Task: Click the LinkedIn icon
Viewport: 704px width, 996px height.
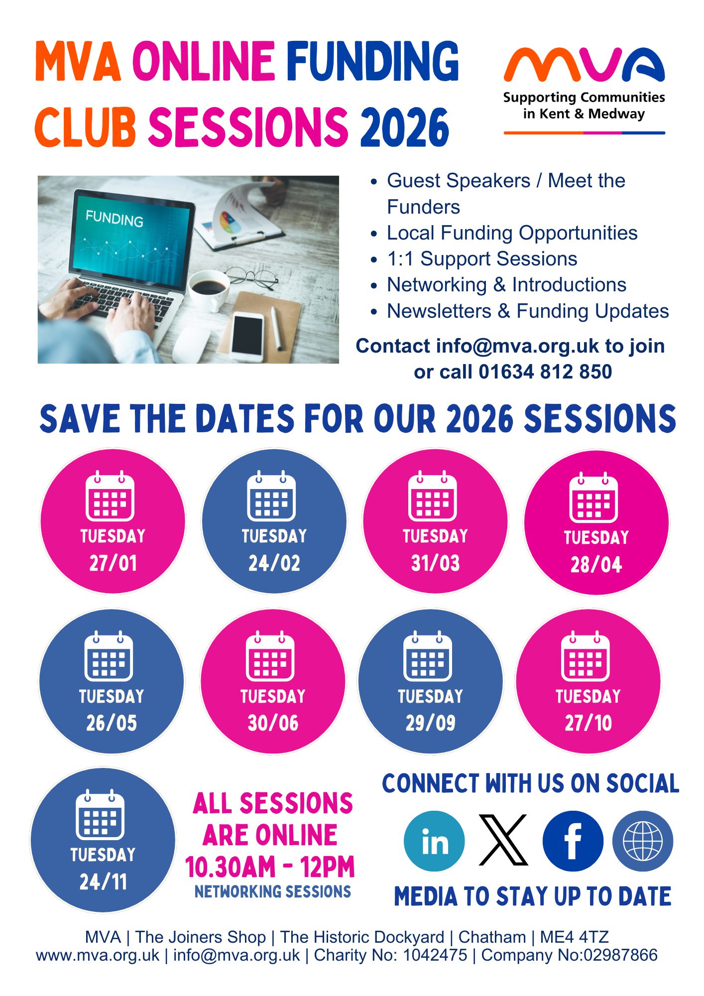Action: pyautogui.click(x=434, y=841)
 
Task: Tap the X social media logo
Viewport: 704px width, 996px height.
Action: pyautogui.click(x=503, y=840)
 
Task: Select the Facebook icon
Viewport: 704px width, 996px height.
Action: pyautogui.click(x=573, y=841)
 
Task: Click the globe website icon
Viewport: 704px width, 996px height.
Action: pyautogui.click(x=643, y=841)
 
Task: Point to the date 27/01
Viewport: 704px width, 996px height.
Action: pyautogui.click(x=113, y=563)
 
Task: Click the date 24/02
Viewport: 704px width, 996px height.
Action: pyautogui.click(x=274, y=563)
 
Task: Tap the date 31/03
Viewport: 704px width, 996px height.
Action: pyautogui.click(x=435, y=563)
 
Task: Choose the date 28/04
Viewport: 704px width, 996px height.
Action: pyautogui.click(x=596, y=565)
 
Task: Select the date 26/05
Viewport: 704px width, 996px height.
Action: pyautogui.click(x=112, y=723)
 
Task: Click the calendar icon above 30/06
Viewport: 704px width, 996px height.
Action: pyautogui.click(x=270, y=656)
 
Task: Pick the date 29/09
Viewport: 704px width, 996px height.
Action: pyautogui.click(x=431, y=723)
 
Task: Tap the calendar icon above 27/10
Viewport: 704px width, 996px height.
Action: pyautogui.click(x=586, y=656)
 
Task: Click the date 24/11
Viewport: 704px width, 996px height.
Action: pyautogui.click(x=103, y=882)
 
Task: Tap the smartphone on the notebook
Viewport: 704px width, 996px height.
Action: pyautogui.click(x=248, y=336)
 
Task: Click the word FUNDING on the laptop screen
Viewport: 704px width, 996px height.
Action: pyautogui.click(x=115, y=218)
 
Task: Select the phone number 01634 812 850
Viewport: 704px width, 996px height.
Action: pyautogui.click(x=545, y=372)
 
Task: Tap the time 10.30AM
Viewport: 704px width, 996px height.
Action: pyautogui.click(x=231, y=867)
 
